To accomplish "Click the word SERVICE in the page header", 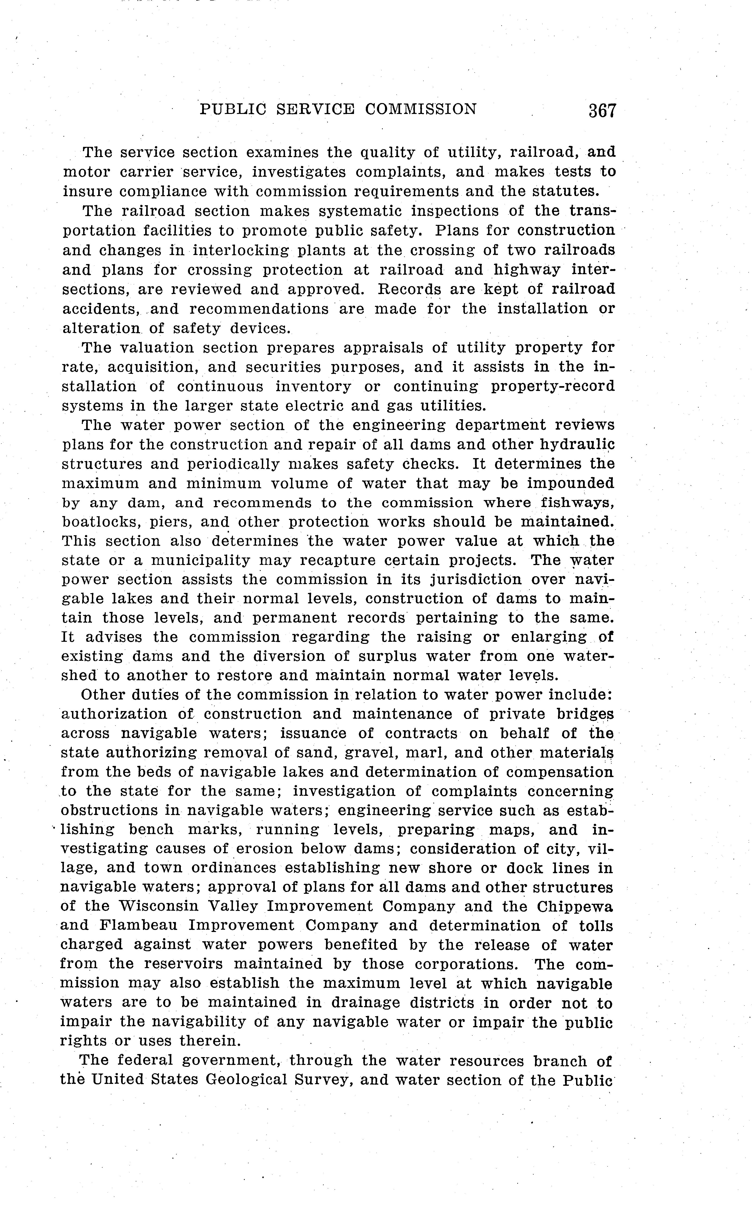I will (315, 109).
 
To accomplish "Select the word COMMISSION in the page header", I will (421, 109).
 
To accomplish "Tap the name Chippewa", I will (574, 907).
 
